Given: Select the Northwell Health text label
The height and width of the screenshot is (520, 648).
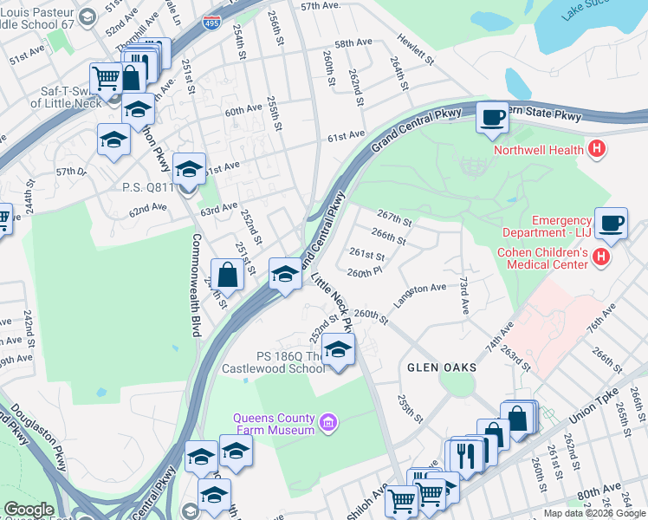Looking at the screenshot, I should tap(538, 150).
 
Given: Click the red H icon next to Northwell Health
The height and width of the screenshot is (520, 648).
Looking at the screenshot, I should tap(595, 150).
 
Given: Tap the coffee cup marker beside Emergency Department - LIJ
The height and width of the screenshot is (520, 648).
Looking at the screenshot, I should tap(612, 223).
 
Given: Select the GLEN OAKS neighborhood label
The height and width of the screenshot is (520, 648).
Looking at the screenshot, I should tap(442, 367).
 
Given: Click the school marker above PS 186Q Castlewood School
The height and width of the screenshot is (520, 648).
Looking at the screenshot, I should tap(338, 350).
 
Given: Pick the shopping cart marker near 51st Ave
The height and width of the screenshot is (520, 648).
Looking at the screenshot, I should tap(106, 79).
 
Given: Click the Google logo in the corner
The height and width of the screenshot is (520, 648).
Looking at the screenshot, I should tap(29, 510).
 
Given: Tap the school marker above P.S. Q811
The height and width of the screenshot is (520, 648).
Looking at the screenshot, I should tap(189, 167).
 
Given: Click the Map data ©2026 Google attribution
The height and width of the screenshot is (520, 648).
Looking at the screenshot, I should tap(594, 513).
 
